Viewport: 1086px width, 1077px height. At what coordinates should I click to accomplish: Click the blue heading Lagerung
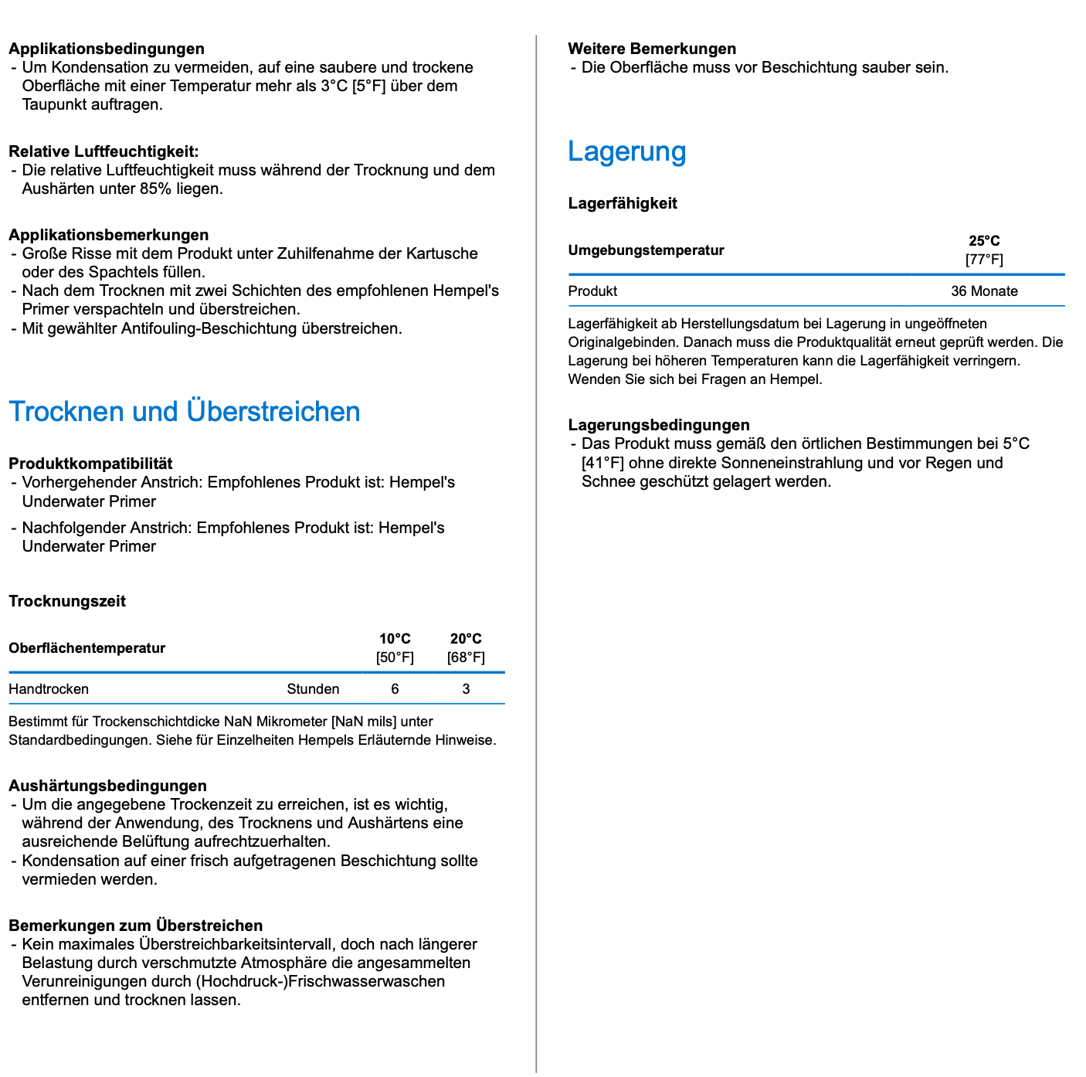point(626,151)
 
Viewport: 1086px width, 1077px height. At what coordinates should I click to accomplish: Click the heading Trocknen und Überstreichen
point(184,412)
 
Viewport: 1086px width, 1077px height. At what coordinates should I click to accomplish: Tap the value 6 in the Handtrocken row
point(395,689)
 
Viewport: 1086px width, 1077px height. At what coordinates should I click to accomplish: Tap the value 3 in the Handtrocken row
point(466,689)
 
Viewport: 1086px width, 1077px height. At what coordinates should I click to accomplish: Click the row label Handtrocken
point(49,689)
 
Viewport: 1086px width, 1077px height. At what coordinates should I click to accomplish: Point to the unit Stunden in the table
point(313,689)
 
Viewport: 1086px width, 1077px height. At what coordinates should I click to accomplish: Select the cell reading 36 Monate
point(984,291)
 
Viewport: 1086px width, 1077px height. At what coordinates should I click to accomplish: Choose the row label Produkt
point(592,291)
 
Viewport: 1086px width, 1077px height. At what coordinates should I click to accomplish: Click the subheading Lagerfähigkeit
point(623,203)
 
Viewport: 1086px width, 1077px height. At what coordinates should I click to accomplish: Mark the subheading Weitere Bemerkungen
point(652,49)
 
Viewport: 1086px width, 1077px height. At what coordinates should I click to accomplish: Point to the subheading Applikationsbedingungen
point(107,49)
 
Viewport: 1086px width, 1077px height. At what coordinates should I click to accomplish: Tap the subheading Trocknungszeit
point(67,601)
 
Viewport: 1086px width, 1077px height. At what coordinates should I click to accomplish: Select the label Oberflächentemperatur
point(87,648)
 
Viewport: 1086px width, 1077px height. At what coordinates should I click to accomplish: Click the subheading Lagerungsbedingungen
point(659,425)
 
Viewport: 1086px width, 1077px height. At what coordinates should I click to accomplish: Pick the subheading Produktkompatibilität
point(90,464)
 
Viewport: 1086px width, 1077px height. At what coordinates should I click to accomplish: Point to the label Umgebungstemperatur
point(647,250)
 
